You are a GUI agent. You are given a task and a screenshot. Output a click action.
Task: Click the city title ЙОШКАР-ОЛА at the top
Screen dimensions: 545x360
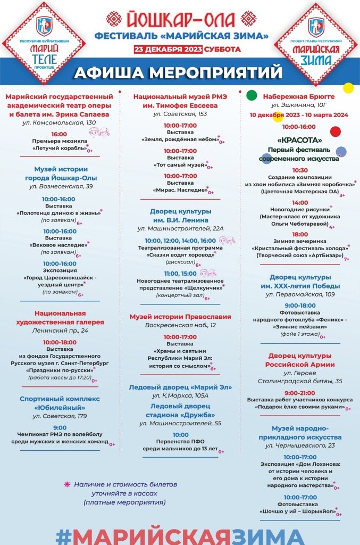pyautogui.click(x=180, y=20)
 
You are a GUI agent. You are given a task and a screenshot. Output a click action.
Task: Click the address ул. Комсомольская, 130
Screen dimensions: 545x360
pyautogui.click(x=59, y=122)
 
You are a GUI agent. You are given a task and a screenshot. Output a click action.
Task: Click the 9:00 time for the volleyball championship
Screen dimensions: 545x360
pyautogui.click(x=60, y=427)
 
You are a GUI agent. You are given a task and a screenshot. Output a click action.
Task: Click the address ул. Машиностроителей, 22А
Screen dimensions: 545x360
pyautogui.click(x=180, y=229)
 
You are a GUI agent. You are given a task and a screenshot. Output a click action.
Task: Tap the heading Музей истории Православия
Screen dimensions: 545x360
pyautogui.click(x=180, y=317)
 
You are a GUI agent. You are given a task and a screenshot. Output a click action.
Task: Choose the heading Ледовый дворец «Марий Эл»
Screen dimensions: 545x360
pyautogui.click(x=180, y=387)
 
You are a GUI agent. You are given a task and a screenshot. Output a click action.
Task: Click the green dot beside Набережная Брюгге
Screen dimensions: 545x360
pyautogui.click(x=252, y=95)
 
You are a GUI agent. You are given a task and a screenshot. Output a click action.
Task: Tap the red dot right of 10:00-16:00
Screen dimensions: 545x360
pyautogui.click(x=335, y=131)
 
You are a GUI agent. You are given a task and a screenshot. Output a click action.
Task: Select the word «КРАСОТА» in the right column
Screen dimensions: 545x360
pyautogui.click(x=299, y=140)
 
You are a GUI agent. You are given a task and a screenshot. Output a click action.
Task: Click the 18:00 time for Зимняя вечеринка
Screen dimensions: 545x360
pyautogui.click(x=300, y=234)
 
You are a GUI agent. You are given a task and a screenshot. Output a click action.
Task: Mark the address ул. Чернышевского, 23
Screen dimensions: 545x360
pyautogui.click(x=300, y=445)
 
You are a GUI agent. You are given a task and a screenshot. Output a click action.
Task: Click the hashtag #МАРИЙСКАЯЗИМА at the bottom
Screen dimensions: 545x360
pyautogui.click(x=180, y=535)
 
